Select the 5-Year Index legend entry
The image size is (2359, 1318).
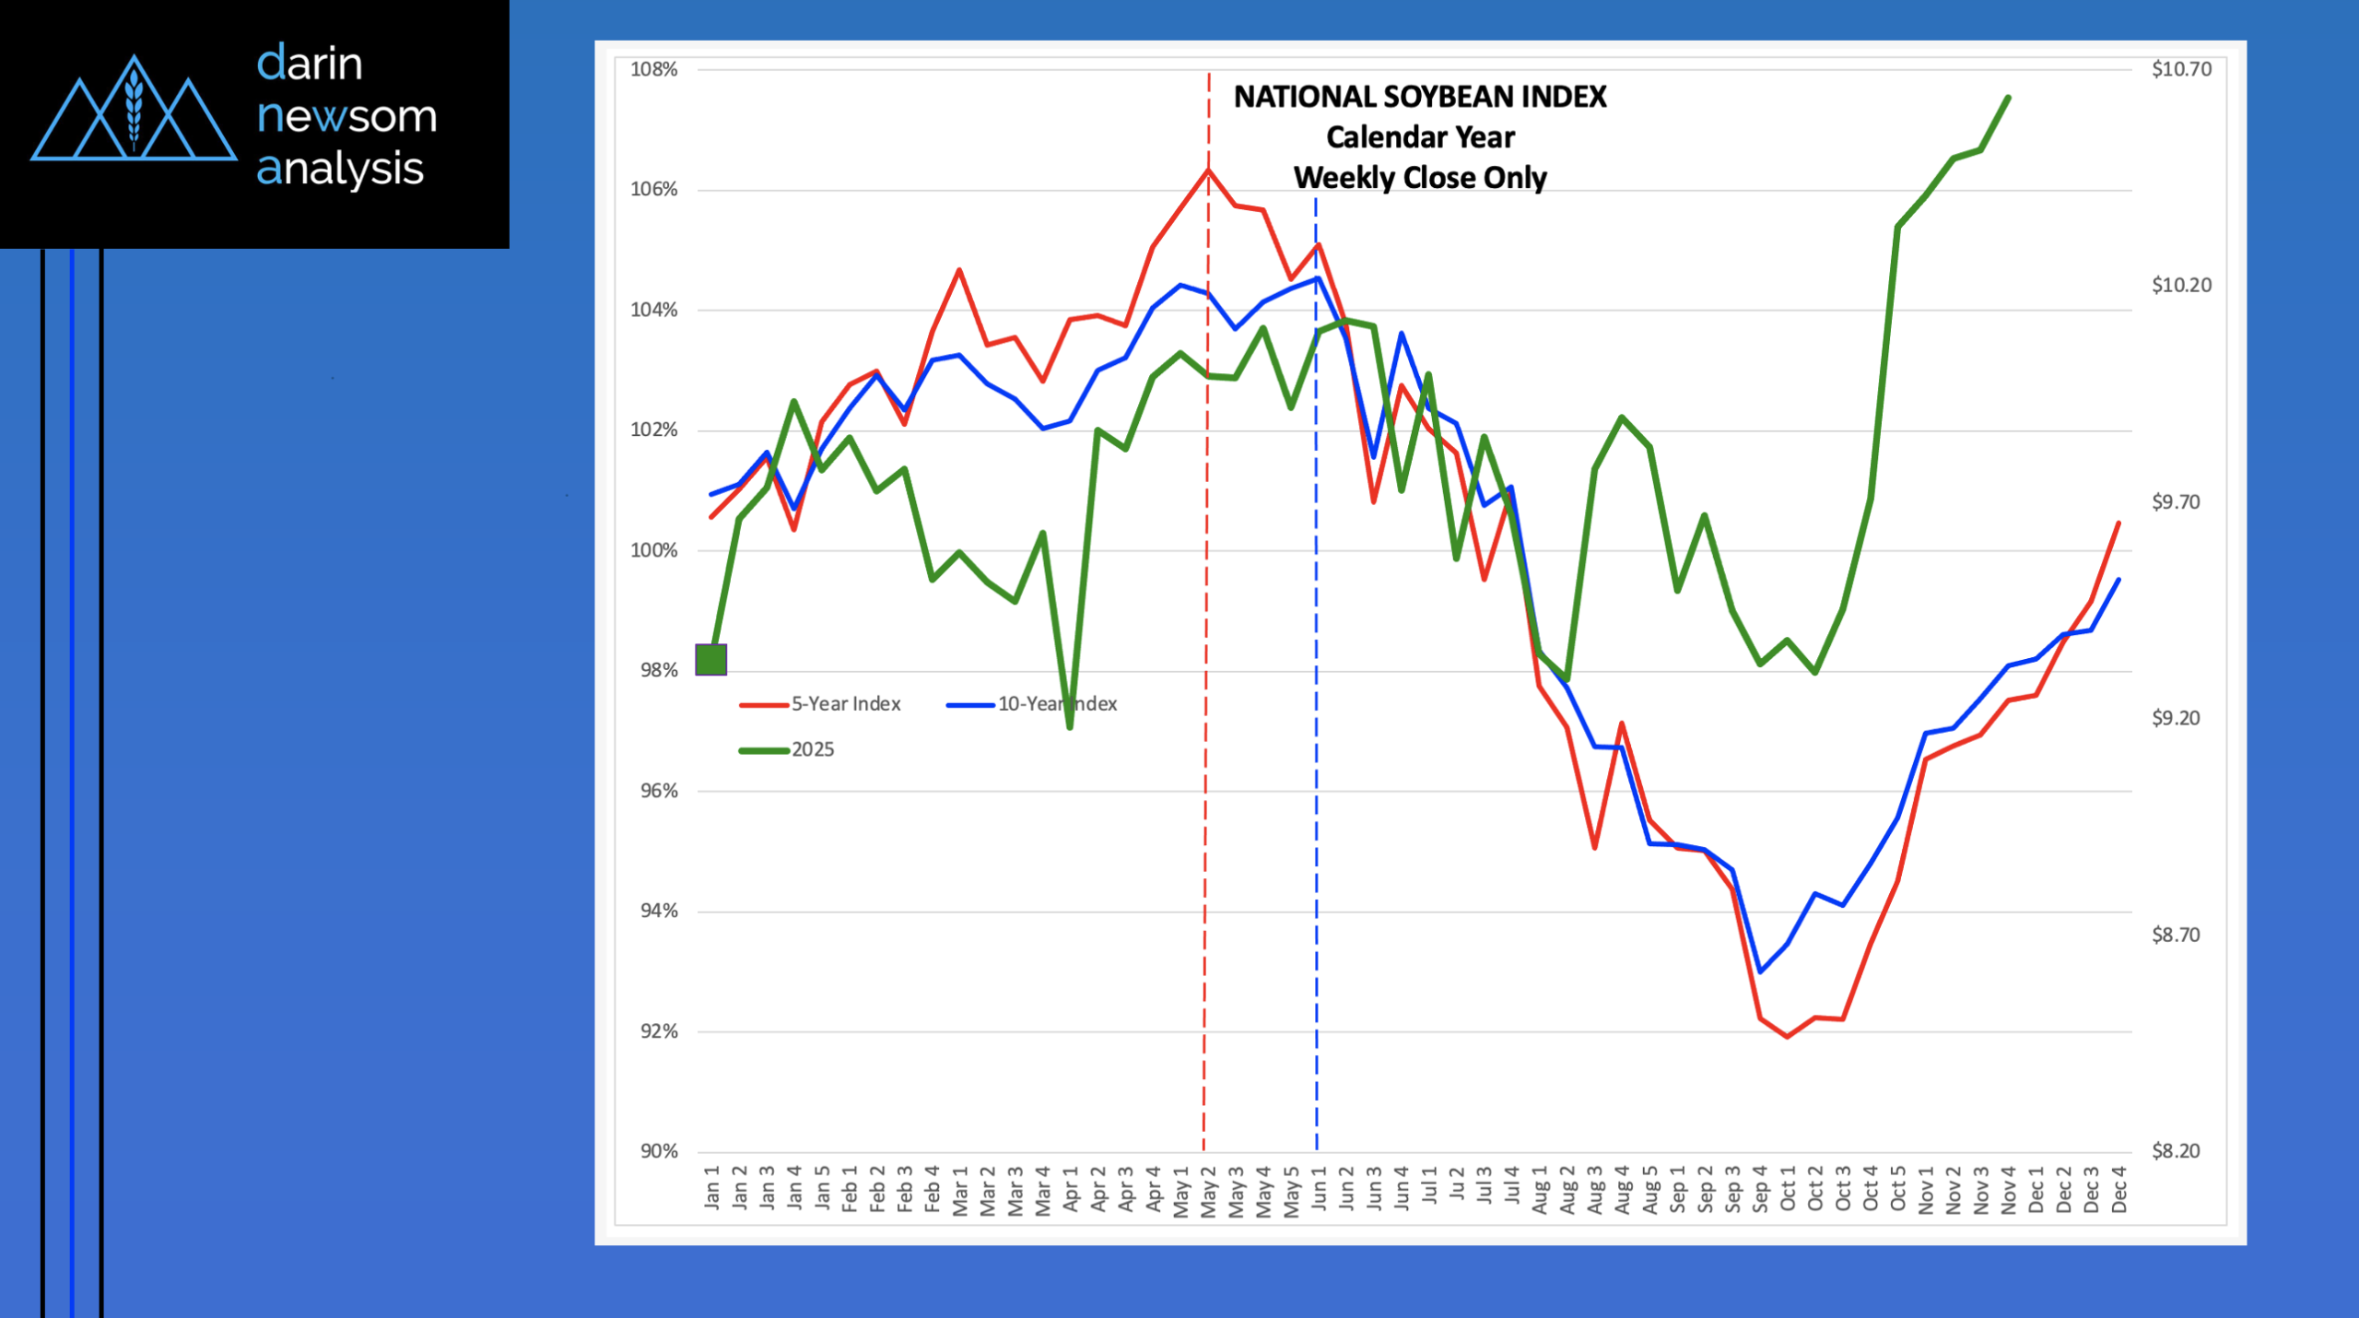coord(845,704)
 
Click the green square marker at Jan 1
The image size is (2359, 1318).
coord(711,660)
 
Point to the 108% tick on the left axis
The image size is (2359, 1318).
coord(653,69)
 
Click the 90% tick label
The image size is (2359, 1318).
coord(659,1151)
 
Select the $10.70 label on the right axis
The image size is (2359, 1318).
coord(2181,69)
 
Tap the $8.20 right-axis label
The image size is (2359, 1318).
coord(2176,1151)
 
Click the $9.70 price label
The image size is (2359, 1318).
coord(2176,502)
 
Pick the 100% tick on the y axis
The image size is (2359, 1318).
coord(653,550)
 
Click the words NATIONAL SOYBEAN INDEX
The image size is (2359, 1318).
coord(1420,97)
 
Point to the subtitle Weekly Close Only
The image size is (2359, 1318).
coord(1420,178)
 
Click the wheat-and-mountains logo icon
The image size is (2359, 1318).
coord(134,109)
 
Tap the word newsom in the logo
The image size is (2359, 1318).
coord(346,116)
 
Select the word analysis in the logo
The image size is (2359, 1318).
coord(339,169)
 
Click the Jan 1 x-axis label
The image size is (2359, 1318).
coord(711,1187)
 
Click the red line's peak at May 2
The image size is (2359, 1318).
coord(1208,170)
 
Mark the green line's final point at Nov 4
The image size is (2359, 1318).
coord(2009,97)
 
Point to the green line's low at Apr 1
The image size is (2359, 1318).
coord(1070,728)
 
